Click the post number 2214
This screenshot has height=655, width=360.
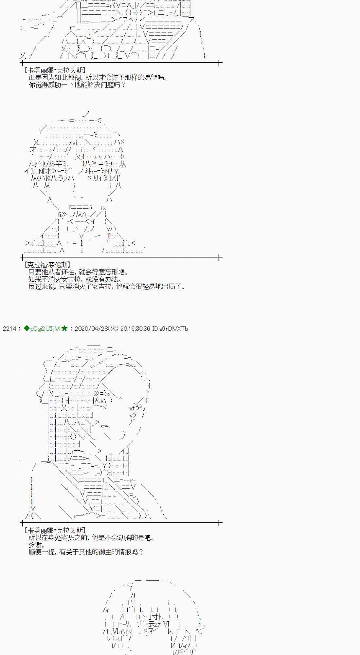pos(9,328)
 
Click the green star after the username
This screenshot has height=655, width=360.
pos(64,328)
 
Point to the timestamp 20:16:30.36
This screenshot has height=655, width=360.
pos(135,328)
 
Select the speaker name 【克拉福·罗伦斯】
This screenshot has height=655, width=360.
pos(47,265)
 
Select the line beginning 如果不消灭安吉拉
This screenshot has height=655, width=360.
pos(75,279)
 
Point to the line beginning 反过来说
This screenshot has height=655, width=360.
pos(107,287)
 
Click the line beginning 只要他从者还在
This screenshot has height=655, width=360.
pos(78,272)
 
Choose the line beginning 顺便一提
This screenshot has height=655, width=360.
pos(86,552)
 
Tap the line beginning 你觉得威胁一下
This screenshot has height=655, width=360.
pos(77,85)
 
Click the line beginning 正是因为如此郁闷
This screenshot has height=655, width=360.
pos(98,78)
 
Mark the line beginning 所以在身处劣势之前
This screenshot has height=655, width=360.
pos(91,537)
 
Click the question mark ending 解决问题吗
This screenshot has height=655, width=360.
pos(123,85)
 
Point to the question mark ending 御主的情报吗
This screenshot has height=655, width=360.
pos(141,552)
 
